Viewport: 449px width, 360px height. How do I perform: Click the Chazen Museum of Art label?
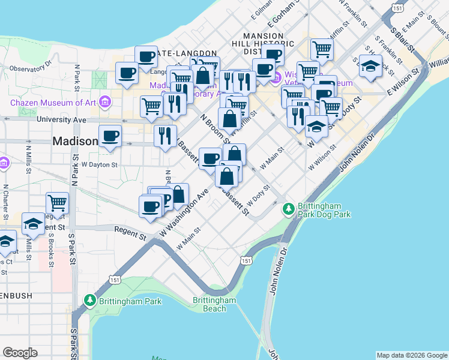pos(53,102)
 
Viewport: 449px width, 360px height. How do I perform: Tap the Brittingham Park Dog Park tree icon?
pos(289,208)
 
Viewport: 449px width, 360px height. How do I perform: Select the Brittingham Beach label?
pos(214,304)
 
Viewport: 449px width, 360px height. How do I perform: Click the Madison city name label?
pos(75,141)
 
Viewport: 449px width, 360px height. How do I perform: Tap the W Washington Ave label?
pos(183,214)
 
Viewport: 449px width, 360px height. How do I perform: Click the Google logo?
pos(20,353)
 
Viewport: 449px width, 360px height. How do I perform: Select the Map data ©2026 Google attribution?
pos(412,355)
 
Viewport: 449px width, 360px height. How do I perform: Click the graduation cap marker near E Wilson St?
pos(370,66)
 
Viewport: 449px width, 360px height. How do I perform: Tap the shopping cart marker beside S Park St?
pos(58,203)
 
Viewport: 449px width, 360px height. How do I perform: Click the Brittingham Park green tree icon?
pos(90,299)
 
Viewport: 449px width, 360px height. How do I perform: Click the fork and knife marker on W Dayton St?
pos(166,136)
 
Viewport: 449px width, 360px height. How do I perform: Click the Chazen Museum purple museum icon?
pos(106,102)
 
